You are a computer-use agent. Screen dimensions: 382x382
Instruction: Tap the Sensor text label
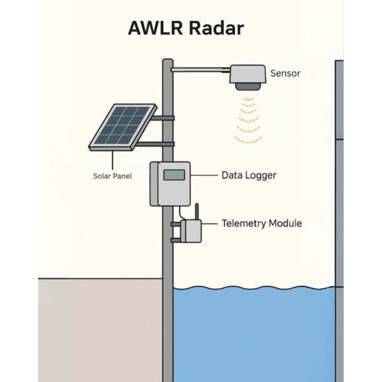coord(285,73)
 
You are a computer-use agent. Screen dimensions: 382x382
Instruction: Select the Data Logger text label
coord(249,175)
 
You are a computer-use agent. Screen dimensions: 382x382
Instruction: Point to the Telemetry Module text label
coord(262,223)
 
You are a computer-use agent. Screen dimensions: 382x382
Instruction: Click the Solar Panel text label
coord(112,176)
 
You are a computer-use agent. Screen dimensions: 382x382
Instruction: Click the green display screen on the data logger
coord(174,175)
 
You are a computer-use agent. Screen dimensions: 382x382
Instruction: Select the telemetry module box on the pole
coord(191,231)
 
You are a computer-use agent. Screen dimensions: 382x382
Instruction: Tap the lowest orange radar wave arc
coord(248,140)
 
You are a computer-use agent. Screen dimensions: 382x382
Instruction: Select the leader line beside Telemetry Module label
coord(210,223)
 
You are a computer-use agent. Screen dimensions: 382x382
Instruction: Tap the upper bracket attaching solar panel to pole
coord(163,118)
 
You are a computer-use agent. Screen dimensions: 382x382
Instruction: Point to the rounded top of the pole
coord(168,60)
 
